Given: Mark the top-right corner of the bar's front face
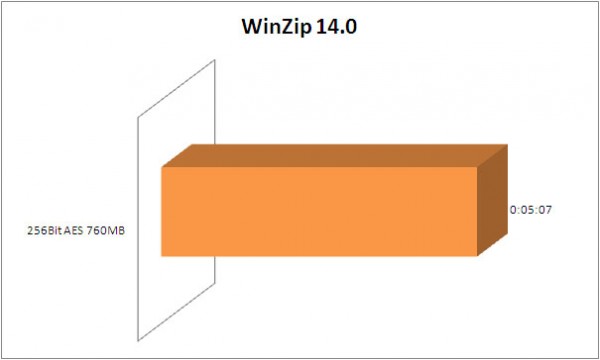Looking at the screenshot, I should tap(479, 167).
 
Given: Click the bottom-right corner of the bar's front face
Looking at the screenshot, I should tap(479, 257).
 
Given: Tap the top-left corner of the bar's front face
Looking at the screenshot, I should tap(162, 167).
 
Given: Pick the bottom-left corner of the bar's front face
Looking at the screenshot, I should tap(162, 257).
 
